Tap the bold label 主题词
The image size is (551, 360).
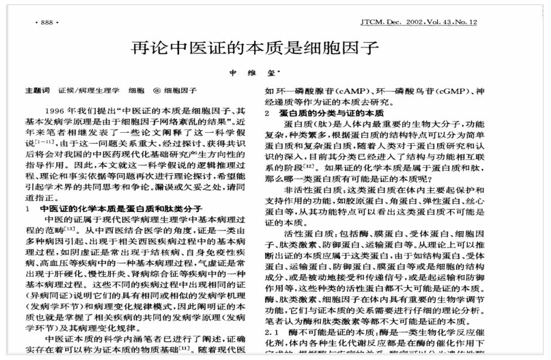pyautogui.click(x=34, y=91)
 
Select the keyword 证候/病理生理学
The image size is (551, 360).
pyautogui.click(x=89, y=91)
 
